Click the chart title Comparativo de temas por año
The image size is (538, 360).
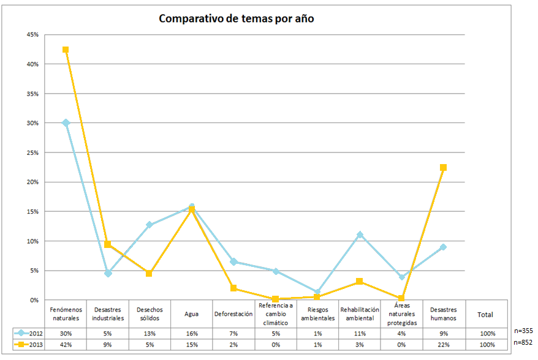tap(236, 18)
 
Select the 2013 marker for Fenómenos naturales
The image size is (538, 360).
tap(66, 50)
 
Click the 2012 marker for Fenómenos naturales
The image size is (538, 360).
tap(66, 122)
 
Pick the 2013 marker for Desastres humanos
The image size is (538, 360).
tap(443, 167)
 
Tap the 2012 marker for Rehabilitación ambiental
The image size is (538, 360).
tap(360, 234)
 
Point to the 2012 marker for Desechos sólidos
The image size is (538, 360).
tap(150, 225)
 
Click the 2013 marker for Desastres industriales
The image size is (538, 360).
tap(108, 244)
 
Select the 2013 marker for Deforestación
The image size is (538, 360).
tap(233, 288)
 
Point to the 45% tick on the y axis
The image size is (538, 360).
tap(33, 34)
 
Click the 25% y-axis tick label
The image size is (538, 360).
tap(33, 152)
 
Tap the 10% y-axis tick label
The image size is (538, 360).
tap(33, 241)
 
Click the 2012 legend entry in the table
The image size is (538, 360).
tap(29, 334)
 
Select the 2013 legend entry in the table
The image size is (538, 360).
tap(29, 345)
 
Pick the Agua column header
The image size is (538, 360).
tap(191, 315)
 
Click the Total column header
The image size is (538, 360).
tap(485, 315)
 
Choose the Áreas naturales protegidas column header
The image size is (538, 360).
tap(401, 314)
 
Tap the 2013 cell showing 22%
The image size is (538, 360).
tap(444, 345)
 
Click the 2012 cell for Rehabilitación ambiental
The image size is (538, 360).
tap(360, 334)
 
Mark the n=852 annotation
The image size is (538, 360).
tap(523, 342)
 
